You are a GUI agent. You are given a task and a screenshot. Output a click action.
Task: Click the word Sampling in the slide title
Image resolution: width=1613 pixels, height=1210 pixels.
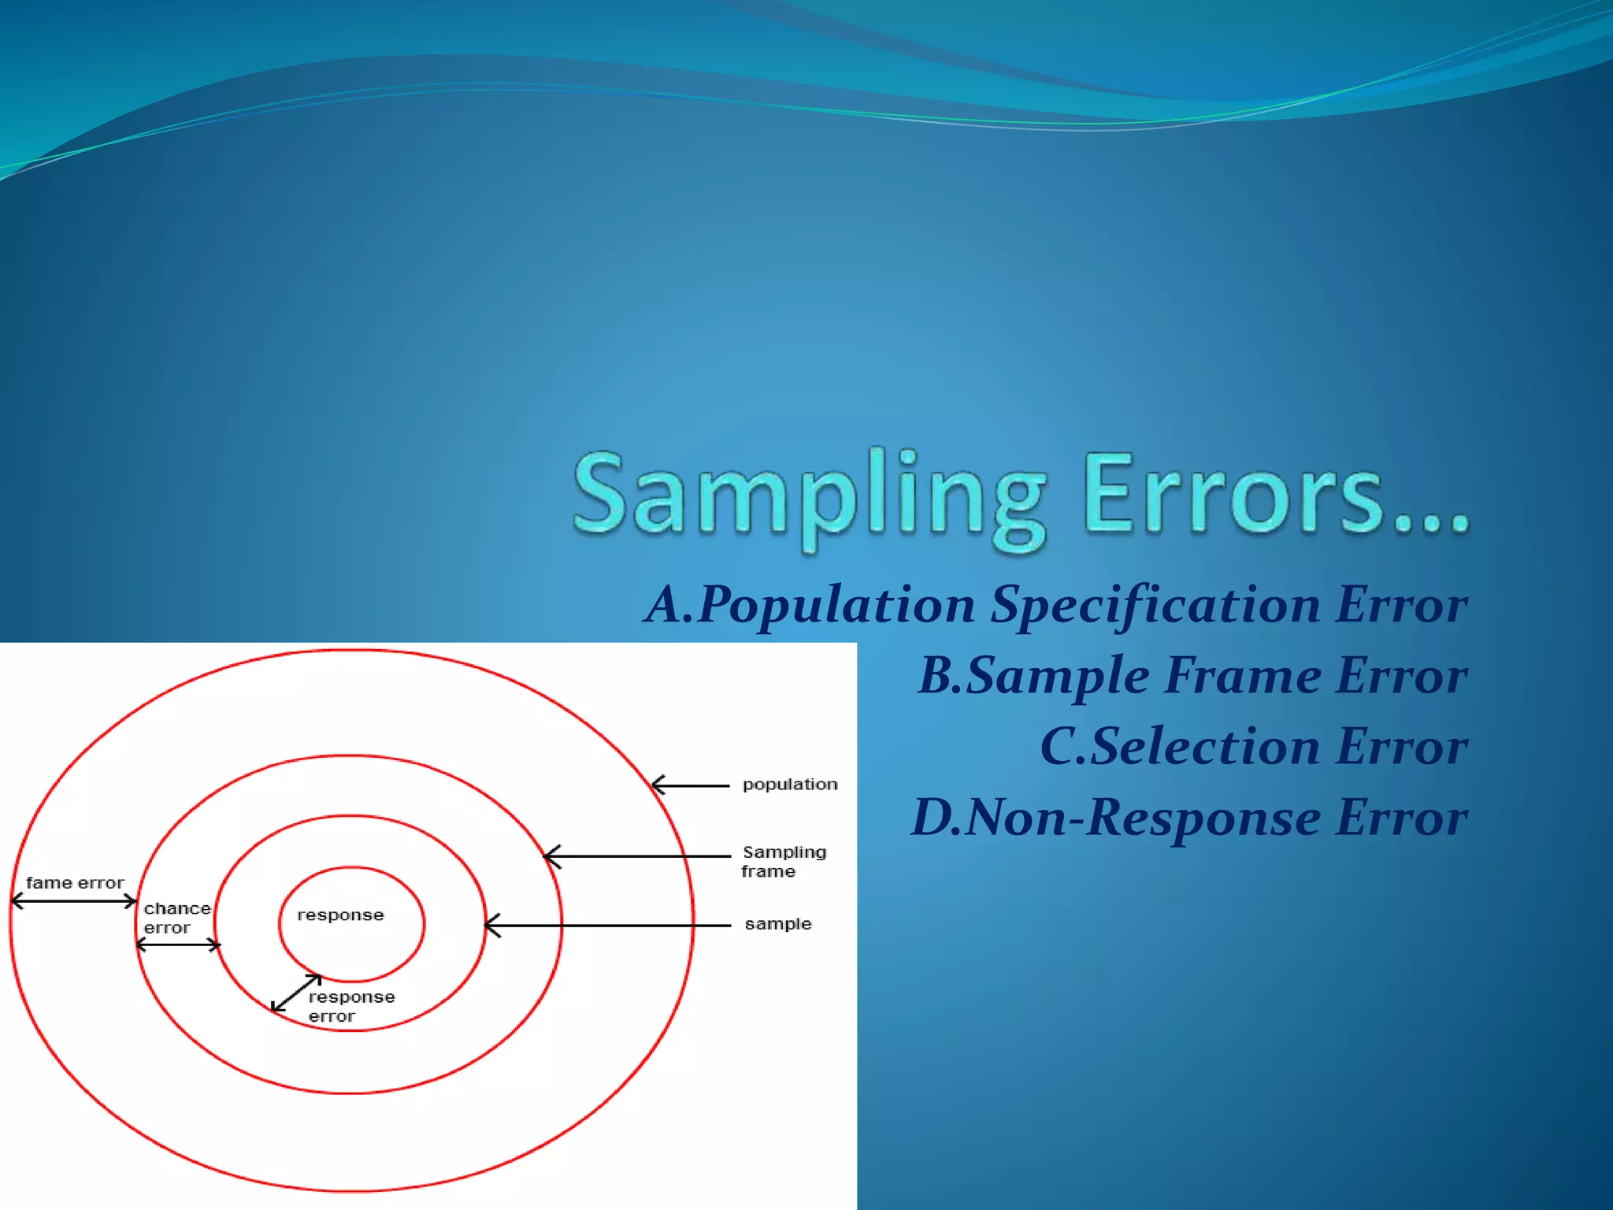[810, 496]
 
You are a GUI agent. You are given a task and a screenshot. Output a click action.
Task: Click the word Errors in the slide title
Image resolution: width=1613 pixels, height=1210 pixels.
[1276, 496]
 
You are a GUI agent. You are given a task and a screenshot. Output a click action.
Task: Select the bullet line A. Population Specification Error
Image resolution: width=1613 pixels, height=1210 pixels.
[1055, 605]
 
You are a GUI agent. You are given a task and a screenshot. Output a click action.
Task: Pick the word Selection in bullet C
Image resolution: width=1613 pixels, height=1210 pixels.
[1205, 747]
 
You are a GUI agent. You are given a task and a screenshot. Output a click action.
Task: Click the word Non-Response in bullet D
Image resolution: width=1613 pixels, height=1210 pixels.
[1142, 818]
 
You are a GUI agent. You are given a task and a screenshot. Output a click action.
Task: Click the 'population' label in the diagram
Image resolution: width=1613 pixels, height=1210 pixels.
[790, 785]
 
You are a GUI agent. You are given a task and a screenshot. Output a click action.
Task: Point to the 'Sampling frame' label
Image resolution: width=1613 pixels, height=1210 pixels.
[783, 862]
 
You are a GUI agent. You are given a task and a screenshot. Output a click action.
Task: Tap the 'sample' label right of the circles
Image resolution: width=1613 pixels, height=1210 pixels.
[777, 924]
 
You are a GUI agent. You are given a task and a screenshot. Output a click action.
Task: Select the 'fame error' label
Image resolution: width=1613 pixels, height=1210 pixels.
[75, 883]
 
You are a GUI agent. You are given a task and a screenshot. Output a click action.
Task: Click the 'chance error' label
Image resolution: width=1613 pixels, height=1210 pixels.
[176, 919]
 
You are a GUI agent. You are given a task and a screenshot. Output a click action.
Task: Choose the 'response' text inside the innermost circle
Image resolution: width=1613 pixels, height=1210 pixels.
[340, 915]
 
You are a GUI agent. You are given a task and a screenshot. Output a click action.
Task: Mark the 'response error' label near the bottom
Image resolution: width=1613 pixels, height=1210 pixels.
[350, 1007]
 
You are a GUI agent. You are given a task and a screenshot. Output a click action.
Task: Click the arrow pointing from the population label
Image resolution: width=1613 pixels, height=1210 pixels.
[691, 785]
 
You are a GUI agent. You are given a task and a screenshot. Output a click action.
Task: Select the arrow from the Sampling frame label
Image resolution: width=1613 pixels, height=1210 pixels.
[638, 856]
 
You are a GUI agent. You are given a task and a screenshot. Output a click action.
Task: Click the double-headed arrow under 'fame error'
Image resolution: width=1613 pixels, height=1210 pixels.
[74, 902]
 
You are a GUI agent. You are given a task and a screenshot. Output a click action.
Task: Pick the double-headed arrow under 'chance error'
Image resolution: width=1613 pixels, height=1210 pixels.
[179, 945]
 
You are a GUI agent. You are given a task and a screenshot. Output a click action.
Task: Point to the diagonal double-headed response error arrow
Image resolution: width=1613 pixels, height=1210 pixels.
[296, 993]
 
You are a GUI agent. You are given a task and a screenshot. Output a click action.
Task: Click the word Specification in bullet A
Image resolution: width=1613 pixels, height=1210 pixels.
[1155, 605]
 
